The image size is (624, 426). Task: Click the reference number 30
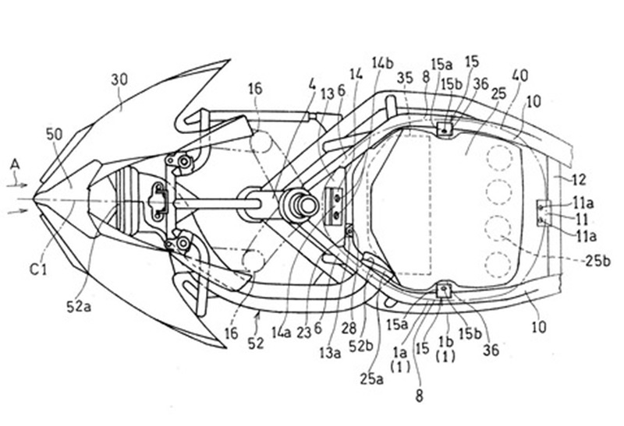119,80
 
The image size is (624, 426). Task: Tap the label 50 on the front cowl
54,134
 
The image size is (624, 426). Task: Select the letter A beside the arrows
15,164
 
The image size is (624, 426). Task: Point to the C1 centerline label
38,269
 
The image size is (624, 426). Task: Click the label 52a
79,306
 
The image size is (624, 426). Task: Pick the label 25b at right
597,261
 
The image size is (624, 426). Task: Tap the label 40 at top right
519,76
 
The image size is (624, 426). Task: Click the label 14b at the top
382,63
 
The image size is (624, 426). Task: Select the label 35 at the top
405,78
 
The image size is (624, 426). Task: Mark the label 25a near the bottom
372,378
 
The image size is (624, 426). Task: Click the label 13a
330,353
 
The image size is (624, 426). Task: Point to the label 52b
360,346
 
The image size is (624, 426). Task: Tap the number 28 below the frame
349,329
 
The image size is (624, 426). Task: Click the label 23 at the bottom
303,333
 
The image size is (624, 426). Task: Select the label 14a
282,333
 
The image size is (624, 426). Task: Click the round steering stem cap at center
307,206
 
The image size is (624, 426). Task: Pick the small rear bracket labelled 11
544,213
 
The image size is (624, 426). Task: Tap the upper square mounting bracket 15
445,129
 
